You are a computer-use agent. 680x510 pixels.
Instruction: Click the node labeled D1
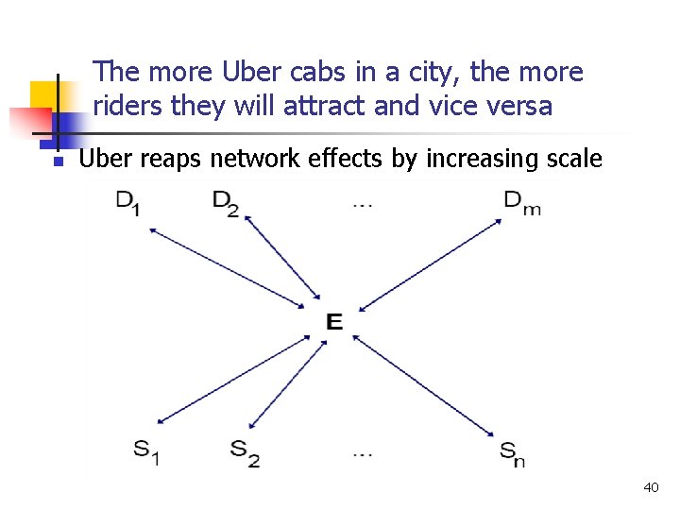pyautogui.click(x=128, y=202)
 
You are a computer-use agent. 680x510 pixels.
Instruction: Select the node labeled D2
pyautogui.click(x=226, y=202)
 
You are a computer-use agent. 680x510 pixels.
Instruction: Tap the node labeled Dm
pyautogui.click(x=521, y=202)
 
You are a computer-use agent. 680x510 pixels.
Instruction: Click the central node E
pyautogui.click(x=333, y=322)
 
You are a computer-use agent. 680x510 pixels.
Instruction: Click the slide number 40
pyautogui.click(x=650, y=487)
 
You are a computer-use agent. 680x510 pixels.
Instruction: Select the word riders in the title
pyautogui.click(x=129, y=106)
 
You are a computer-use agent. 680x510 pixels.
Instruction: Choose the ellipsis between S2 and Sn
pyautogui.click(x=363, y=453)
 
